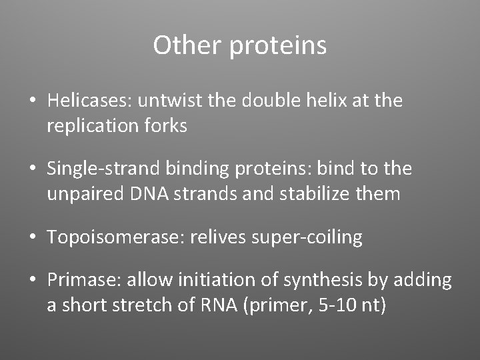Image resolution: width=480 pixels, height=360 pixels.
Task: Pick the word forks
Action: tap(165, 125)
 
